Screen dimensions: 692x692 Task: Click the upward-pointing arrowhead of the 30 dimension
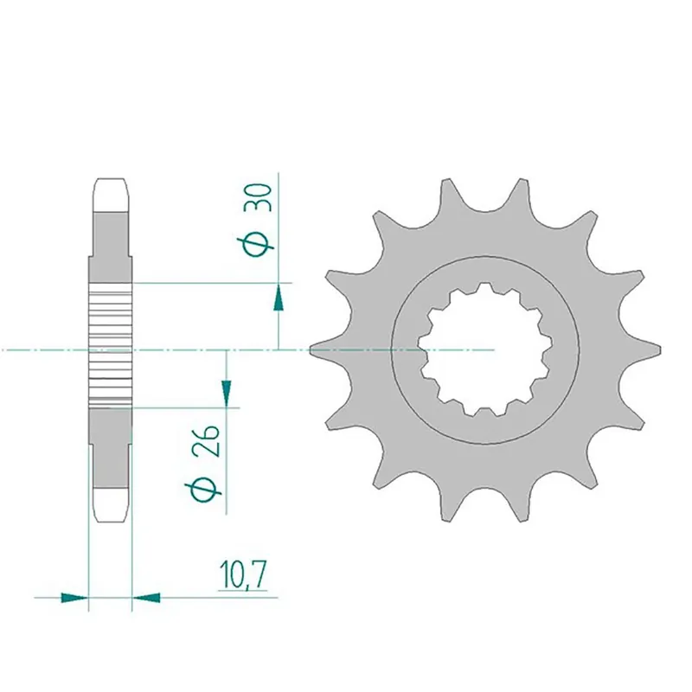coord(279,298)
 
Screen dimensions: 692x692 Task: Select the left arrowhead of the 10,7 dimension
coord(76,596)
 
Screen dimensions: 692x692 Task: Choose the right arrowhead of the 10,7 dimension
coord(146,596)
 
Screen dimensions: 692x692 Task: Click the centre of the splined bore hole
coord(485,349)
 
